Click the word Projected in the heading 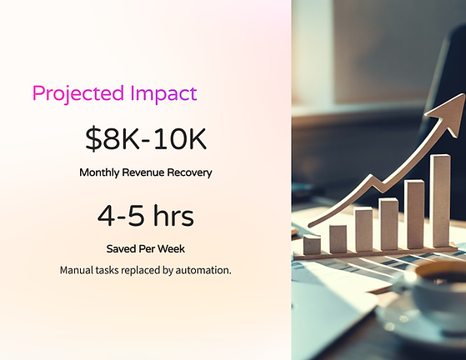point(78,94)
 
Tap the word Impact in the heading point(163,94)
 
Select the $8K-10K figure point(146,138)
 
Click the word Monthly point(99,172)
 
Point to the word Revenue point(143,172)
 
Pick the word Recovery point(189,172)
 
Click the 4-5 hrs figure point(146,215)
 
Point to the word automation point(203,270)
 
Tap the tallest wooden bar point(442,201)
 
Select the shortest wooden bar point(312,244)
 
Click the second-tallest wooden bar point(415,214)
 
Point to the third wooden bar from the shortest point(363,229)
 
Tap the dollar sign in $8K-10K point(93,139)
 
